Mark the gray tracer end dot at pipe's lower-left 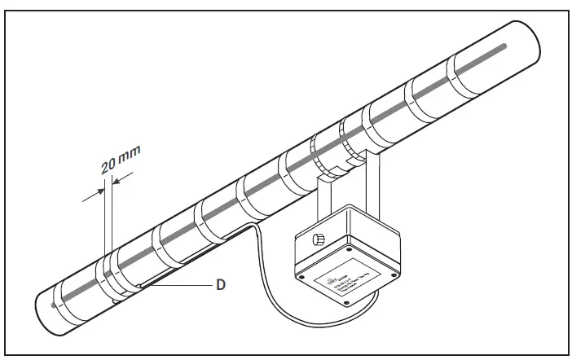coord(54,306)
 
